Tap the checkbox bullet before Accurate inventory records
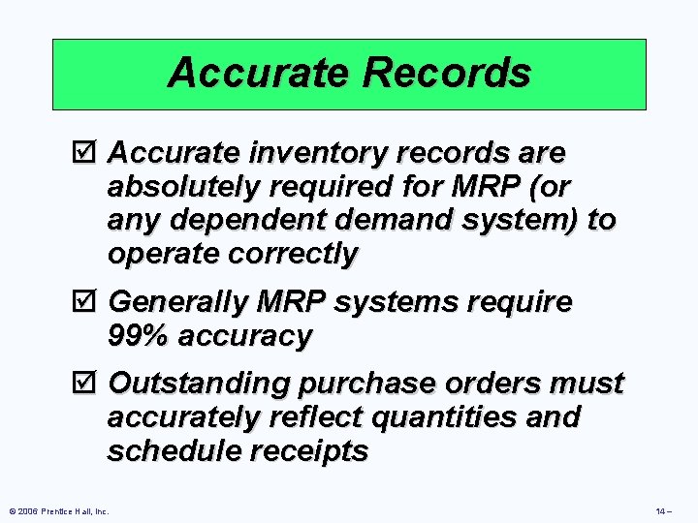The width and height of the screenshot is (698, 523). click(x=90, y=153)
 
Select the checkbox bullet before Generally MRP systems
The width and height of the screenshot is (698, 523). click(x=90, y=302)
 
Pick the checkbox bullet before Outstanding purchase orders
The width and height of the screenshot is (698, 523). click(x=90, y=384)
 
